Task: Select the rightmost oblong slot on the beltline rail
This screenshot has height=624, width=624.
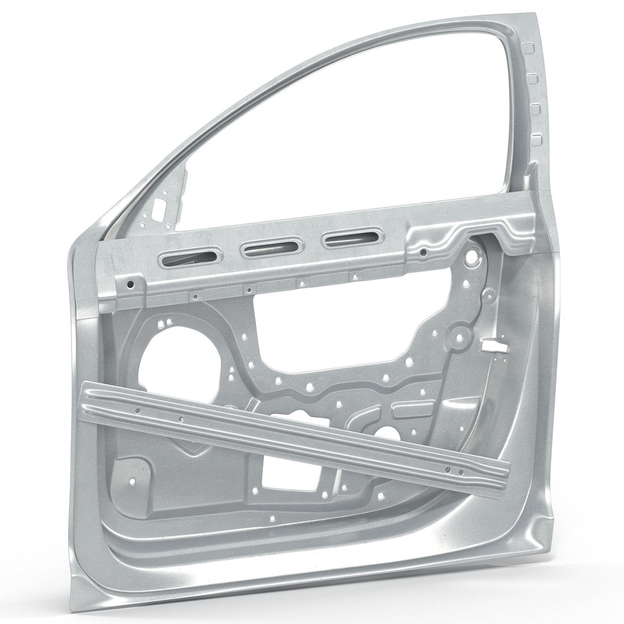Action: pyautogui.click(x=353, y=237)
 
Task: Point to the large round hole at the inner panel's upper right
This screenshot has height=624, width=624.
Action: pyautogui.click(x=472, y=254)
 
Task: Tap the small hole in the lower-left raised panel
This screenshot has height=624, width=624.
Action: pyautogui.click(x=133, y=480)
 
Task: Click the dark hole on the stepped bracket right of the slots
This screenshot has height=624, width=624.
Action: pyautogui.click(x=424, y=252)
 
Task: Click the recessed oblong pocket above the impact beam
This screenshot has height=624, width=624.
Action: pyautogui.click(x=412, y=409)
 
